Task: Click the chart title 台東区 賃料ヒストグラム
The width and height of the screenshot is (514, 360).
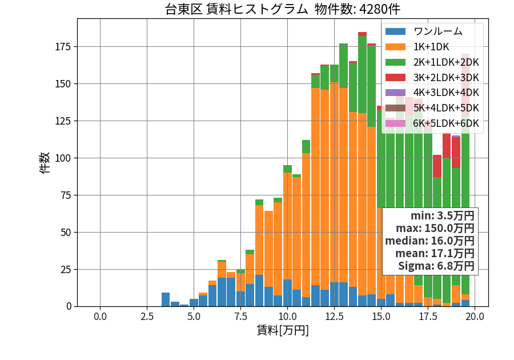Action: (236, 9)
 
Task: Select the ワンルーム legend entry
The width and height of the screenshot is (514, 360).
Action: (424, 31)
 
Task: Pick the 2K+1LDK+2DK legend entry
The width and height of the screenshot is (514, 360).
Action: (432, 62)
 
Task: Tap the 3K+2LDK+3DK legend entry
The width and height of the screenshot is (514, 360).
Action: (432, 78)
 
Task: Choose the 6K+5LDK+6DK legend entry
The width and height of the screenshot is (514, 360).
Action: (432, 123)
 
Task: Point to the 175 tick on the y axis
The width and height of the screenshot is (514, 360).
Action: (63, 47)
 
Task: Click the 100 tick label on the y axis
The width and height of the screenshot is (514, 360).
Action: (63, 158)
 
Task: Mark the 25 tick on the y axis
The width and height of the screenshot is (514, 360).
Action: (66, 270)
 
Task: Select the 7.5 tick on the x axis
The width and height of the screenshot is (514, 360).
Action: (240, 317)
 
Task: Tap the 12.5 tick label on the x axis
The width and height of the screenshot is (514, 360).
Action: (334, 317)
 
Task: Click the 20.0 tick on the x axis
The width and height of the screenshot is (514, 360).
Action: (475, 317)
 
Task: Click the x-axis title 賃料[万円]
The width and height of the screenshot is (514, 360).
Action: (283, 330)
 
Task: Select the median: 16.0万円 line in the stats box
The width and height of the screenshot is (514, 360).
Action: (429, 241)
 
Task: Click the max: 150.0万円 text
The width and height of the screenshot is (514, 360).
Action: (435, 228)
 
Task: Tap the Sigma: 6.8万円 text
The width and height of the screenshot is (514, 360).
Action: (436, 266)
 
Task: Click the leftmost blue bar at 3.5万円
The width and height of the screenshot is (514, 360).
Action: (166, 299)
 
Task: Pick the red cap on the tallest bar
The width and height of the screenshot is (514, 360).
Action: (362, 34)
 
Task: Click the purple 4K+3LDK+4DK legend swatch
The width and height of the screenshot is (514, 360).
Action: (395, 93)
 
